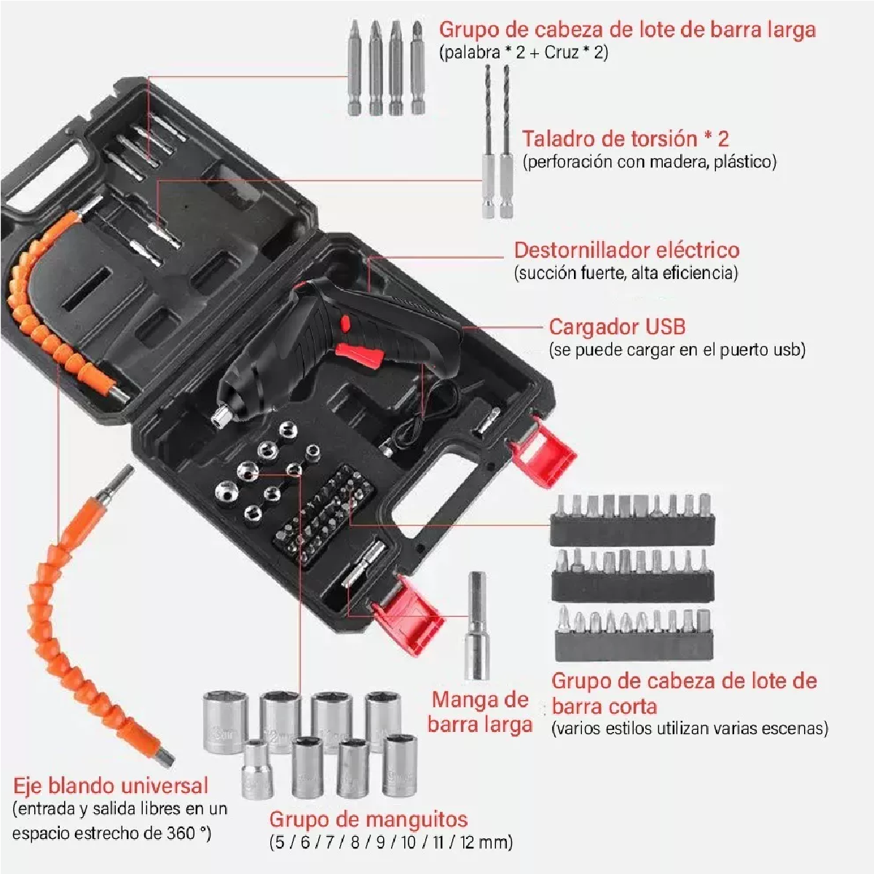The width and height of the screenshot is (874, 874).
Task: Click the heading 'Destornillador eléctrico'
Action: [626, 250]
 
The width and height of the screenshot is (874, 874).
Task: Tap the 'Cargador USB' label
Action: [617, 326]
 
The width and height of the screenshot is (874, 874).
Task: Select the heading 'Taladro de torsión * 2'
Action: [625, 138]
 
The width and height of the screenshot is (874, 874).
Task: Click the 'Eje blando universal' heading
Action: [111, 786]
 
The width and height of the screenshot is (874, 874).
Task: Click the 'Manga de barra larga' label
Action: [480, 712]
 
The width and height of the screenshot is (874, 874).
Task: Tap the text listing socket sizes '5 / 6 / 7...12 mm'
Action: [391, 843]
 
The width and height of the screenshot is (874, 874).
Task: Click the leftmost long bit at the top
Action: [355, 66]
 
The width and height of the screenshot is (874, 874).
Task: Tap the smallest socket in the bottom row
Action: [255, 767]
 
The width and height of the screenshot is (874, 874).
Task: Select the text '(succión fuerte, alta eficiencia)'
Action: [626, 273]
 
